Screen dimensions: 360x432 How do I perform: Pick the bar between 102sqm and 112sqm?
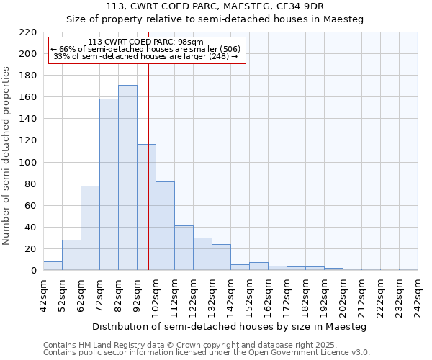tap(165, 226)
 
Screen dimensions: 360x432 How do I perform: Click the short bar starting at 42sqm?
tap(53, 266)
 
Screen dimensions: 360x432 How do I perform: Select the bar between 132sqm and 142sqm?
tap(221, 258)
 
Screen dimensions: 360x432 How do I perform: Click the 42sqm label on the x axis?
tap(43, 293)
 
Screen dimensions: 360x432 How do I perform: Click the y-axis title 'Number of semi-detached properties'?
tap(7, 156)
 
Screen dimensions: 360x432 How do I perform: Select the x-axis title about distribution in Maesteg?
tap(230, 327)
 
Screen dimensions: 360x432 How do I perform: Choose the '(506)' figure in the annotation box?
tap(230, 49)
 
